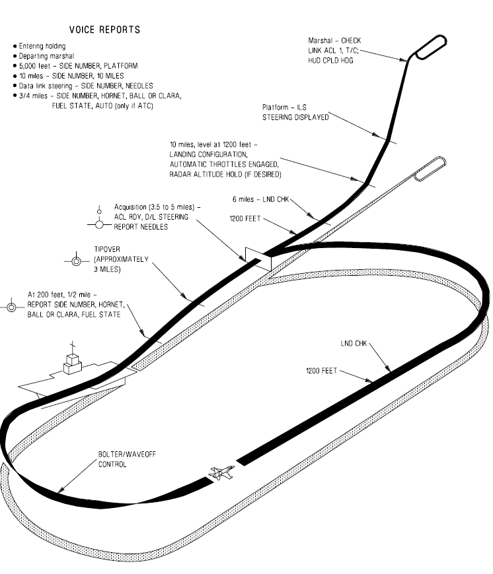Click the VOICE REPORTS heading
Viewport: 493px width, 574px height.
coord(104,30)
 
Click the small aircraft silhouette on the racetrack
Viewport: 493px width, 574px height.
coord(221,472)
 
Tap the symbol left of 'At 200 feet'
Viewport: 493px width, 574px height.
coord(12,306)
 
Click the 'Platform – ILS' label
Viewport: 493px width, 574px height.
coord(294,113)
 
